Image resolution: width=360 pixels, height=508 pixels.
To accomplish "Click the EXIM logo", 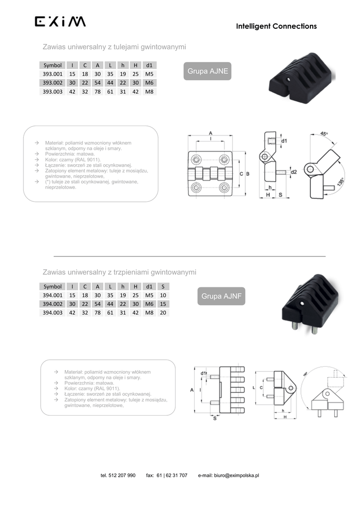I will coord(60,22).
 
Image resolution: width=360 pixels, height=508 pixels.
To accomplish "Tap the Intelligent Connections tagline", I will coord(276,26).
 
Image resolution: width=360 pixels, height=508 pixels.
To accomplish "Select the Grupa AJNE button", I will coord(208,71).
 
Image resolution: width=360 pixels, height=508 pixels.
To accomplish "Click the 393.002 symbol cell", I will coord(53,83).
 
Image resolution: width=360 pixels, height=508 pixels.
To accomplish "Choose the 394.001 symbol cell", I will coord(53,295).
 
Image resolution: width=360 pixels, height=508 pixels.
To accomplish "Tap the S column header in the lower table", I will coord(163,286).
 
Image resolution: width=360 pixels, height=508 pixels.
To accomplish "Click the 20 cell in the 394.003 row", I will coord(163,313).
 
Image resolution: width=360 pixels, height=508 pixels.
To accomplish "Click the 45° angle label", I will coord(324,134).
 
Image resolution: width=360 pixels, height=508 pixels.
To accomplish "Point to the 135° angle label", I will coord(340,182).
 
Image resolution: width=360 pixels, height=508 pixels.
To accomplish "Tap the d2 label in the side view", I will coord(293,172).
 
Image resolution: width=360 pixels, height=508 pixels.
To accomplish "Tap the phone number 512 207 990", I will coord(122,475).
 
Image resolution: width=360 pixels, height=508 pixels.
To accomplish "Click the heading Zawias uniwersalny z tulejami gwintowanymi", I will coord(114,47).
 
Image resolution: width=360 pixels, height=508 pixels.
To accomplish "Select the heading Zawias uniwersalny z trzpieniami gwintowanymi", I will coord(119,272).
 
